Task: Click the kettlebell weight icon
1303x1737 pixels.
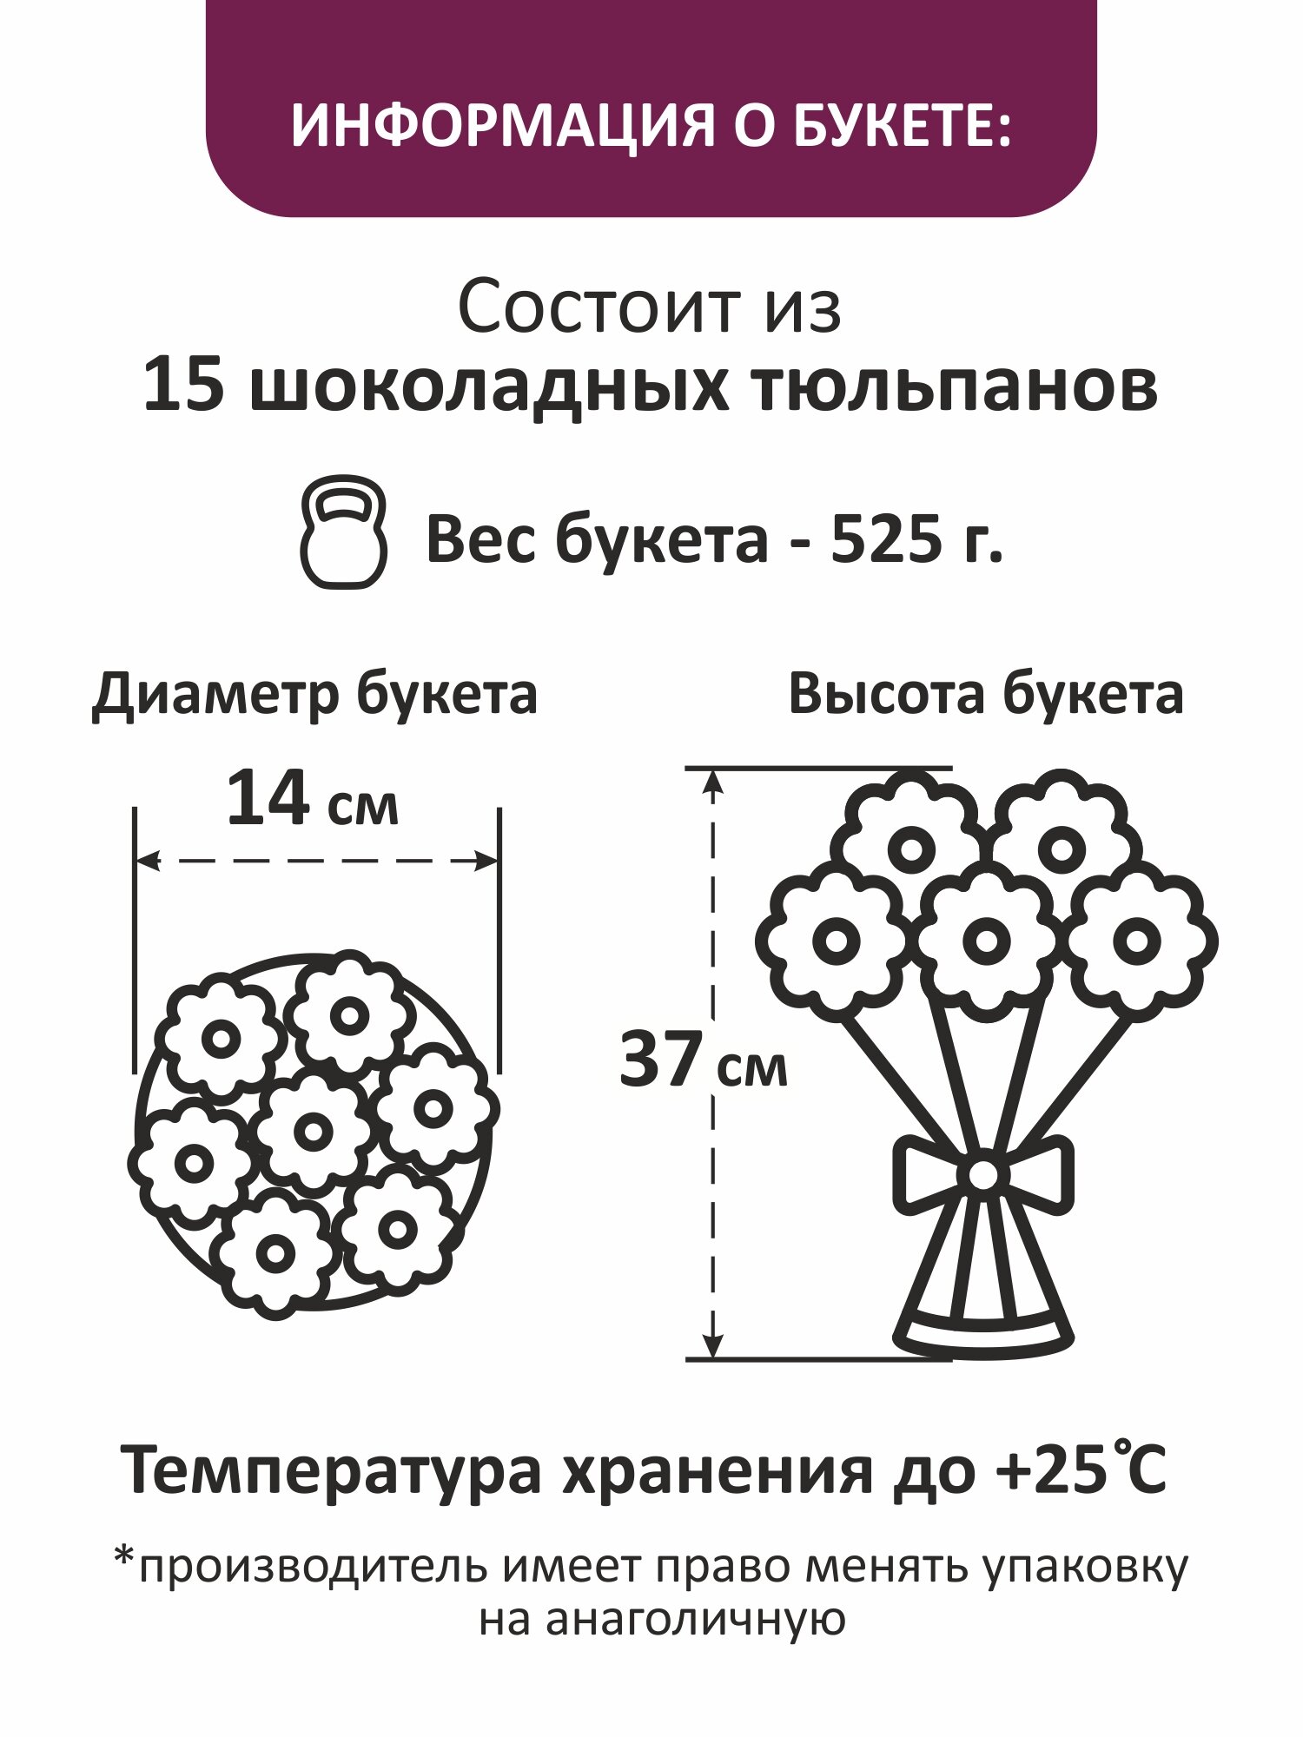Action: point(343,532)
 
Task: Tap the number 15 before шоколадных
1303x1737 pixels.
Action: point(182,385)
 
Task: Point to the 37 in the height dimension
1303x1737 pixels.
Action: point(660,1060)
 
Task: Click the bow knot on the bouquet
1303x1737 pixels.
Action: point(983,1175)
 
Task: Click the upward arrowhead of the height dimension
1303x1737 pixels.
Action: point(712,782)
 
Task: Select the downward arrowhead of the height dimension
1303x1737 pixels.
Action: point(712,1344)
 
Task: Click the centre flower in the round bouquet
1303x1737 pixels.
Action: point(313,1131)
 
